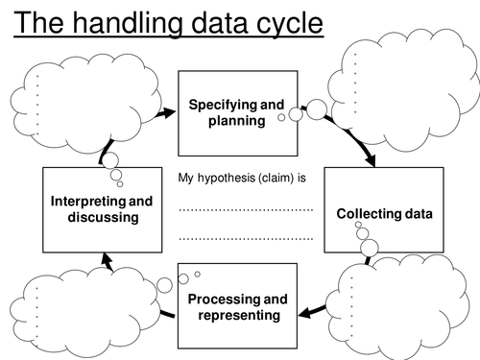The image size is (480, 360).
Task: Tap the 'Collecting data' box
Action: click(384, 212)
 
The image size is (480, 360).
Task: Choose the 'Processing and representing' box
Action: click(237, 306)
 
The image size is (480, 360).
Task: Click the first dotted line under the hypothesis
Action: click(246, 208)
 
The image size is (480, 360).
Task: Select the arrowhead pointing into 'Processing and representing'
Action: click(302, 311)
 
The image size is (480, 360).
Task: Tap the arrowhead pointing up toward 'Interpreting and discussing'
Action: click(107, 257)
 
